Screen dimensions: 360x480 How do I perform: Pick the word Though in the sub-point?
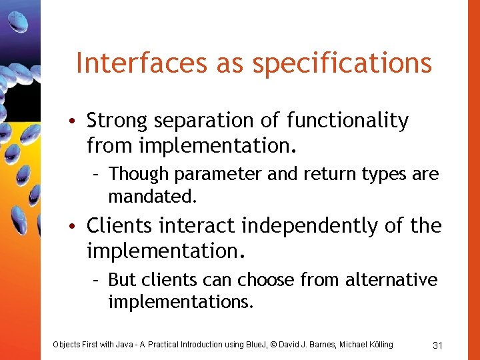(139, 175)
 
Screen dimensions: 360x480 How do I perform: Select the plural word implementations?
(180, 303)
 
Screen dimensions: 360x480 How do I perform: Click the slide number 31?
(438, 345)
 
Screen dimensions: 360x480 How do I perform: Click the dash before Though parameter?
(97, 175)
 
